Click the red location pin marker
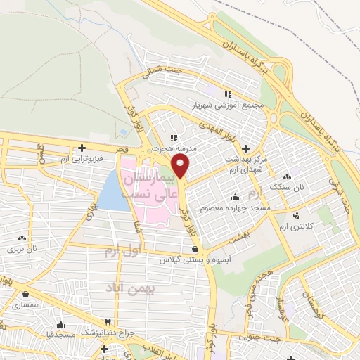[x=181, y=167]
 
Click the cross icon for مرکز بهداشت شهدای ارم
[x=245, y=148]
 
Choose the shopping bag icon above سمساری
[x=26, y=295]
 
